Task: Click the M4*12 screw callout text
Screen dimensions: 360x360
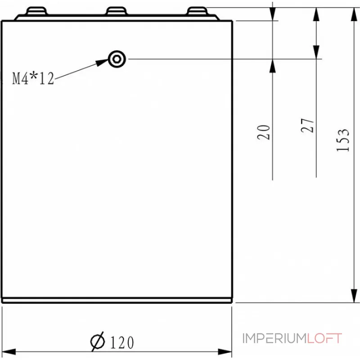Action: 33,79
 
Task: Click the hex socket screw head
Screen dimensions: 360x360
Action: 117,58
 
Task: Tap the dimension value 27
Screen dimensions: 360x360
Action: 307,126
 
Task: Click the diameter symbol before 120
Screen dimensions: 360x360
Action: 98,342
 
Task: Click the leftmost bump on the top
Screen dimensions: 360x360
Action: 37,10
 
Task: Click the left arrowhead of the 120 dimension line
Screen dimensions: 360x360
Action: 9,351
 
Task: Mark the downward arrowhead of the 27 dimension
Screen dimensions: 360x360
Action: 316,52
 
